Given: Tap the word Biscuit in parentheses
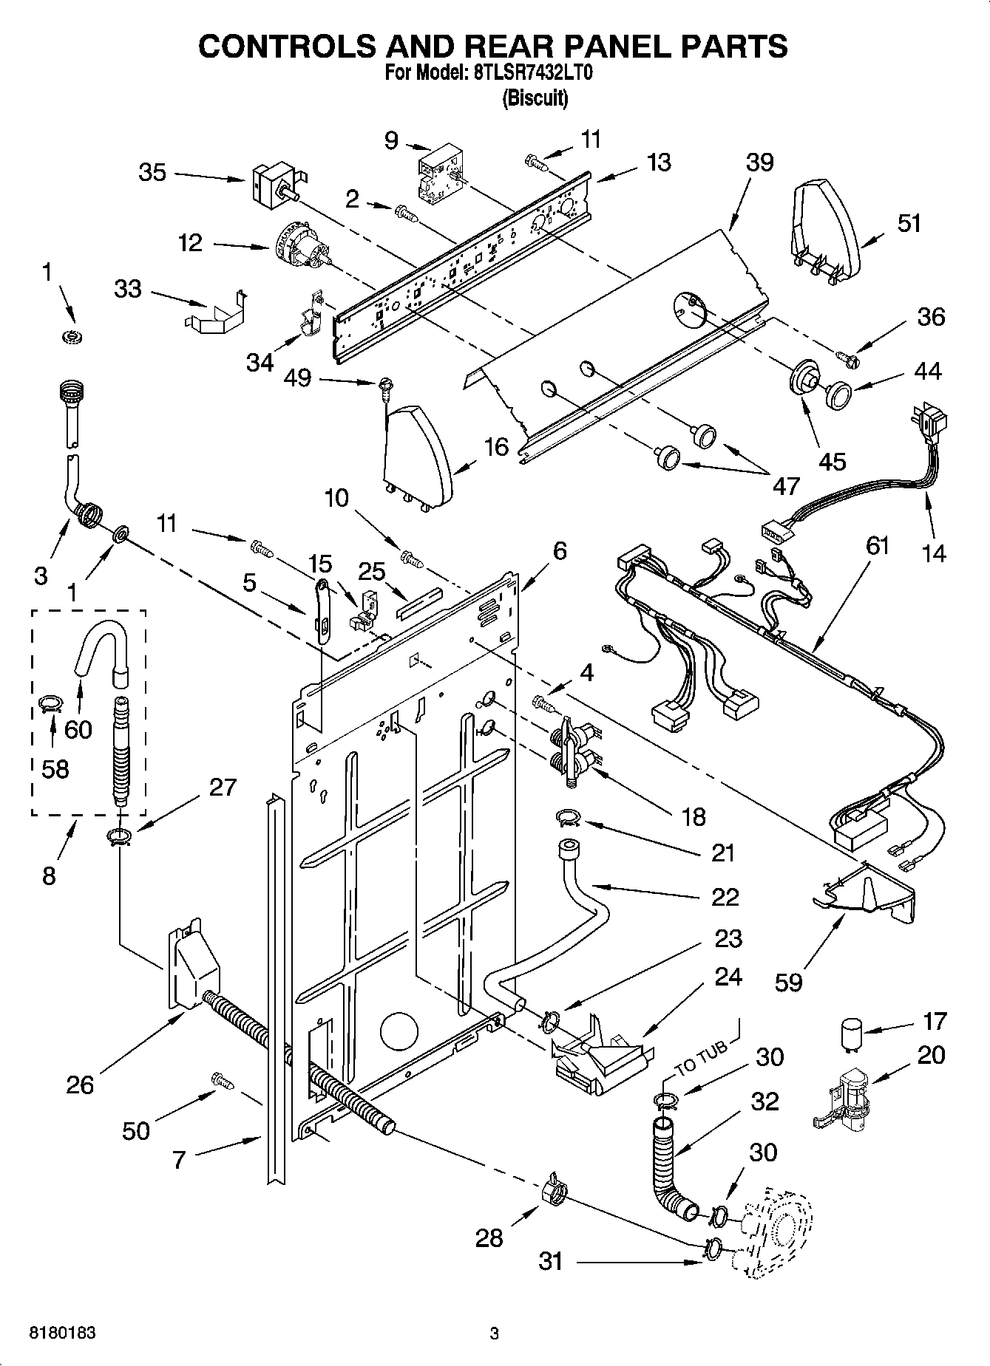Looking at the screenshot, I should click(535, 98).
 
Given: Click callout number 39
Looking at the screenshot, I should click(759, 163).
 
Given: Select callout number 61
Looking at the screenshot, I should click(878, 546).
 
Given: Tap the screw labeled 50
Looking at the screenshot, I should click(223, 1080).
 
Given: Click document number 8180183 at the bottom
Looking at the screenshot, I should click(63, 1333).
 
